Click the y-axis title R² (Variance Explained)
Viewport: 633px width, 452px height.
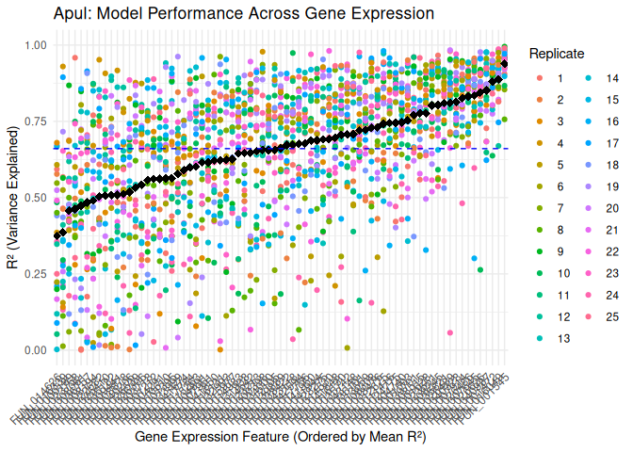pyautogui.click(x=13, y=197)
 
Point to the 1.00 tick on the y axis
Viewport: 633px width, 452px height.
pyautogui.click(x=36, y=45)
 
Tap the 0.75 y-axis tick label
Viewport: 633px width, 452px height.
pyautogui.click(x=36, y=121)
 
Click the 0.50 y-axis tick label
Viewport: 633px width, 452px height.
pyautogui.click(x=36, y=198)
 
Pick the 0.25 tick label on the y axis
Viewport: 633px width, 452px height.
pyautogui.click(x=36, y=274)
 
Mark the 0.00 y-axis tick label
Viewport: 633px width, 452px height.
pyautogui.click(x=36, y=350)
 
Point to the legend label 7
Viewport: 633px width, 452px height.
pyautogui.click(x=560, y=208)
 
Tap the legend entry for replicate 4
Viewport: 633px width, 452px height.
pyautogui.click(x=560, y=143)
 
